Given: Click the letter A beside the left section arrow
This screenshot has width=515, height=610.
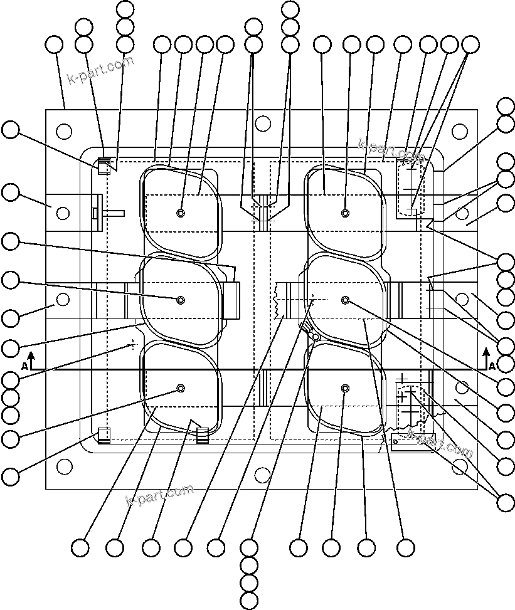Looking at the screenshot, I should point(24,365).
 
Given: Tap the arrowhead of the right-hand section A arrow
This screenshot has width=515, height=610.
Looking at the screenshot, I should point(486,352).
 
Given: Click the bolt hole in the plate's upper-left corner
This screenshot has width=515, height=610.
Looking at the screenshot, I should point(64,131).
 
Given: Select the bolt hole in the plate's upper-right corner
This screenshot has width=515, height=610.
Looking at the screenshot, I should point(460,131).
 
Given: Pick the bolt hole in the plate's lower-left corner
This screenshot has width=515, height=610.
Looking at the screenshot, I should point(64,466).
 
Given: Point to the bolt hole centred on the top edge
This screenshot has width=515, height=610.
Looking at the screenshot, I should point(263,123).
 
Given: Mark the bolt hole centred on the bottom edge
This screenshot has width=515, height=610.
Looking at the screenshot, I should point(263,476).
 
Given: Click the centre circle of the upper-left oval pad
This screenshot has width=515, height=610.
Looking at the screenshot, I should point(181,213).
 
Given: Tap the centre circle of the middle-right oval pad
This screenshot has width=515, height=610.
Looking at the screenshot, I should point(345,300).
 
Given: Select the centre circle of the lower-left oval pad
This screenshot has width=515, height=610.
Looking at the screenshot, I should point(181,389).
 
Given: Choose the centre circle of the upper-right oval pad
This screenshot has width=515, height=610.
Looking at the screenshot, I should point(345,213).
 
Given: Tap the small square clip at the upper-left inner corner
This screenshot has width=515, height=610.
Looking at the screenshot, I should point(104,167).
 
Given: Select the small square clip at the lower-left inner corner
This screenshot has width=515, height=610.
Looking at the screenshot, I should point(104,434).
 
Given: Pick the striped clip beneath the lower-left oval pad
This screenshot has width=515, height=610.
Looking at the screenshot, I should point(202,435).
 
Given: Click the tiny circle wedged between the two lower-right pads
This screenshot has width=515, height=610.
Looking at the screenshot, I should point(316,336).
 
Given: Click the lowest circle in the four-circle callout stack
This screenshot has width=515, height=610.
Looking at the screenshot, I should point(249,600).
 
